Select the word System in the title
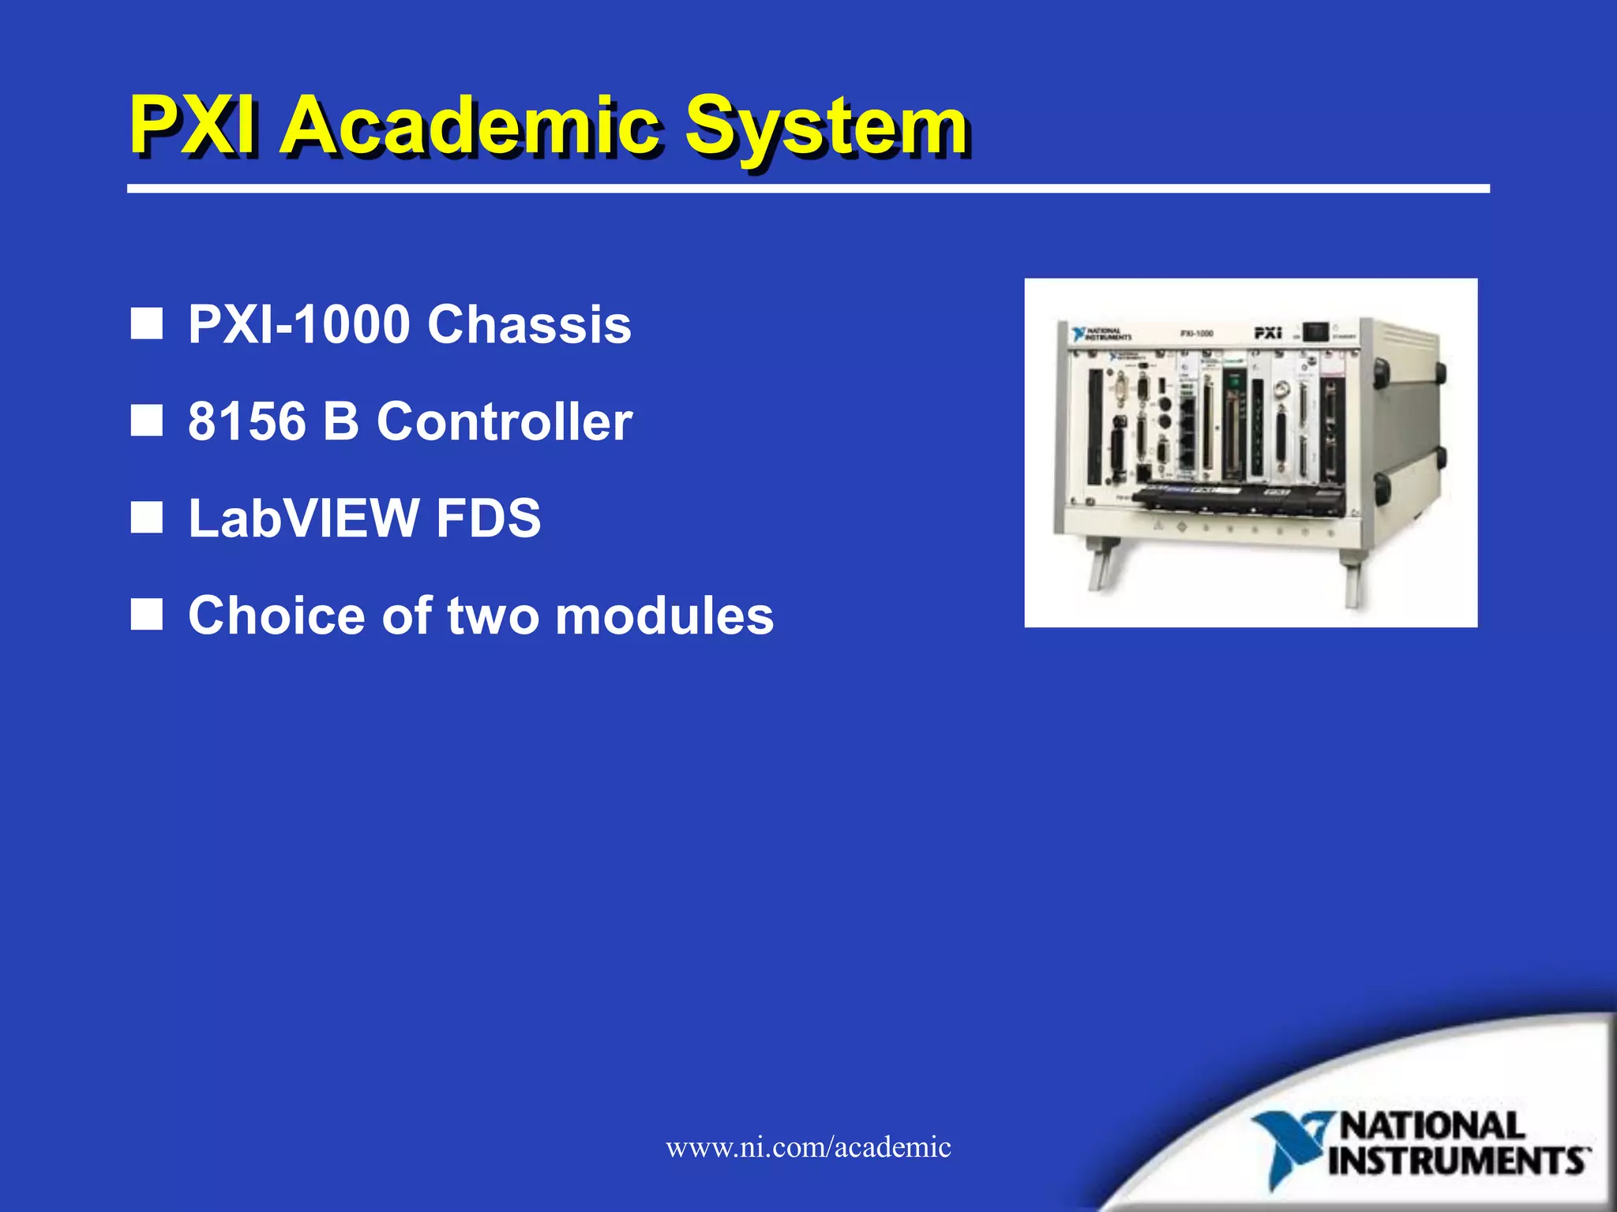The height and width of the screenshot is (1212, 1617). click(x=826, y=126)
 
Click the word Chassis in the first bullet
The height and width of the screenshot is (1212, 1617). click(x=529, y=324)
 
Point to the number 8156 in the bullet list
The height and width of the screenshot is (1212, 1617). click(x=246, y=421)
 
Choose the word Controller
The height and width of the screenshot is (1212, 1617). click(x=505, y=421)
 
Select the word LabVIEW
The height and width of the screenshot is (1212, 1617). click(x=304, y=518)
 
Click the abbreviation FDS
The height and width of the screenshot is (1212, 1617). click(x=488, y=518)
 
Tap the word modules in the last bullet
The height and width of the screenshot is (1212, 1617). click(x=664, y=615)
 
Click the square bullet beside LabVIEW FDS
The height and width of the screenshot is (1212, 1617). click(x=146, y=518)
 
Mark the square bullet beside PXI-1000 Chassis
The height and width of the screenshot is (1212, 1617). click(x=146, y=324)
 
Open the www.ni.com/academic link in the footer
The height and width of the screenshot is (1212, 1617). click(x=808, y=1147)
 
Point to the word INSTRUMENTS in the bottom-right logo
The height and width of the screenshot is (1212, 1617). click(x=1458, y=1161)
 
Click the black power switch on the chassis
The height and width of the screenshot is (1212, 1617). click(x=1316, y=331)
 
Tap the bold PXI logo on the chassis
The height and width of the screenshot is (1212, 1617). click(x=1267, y=333)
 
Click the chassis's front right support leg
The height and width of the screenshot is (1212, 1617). click(x=1352, y=581)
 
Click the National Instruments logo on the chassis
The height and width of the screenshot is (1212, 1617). click(x=1101, y=334)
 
